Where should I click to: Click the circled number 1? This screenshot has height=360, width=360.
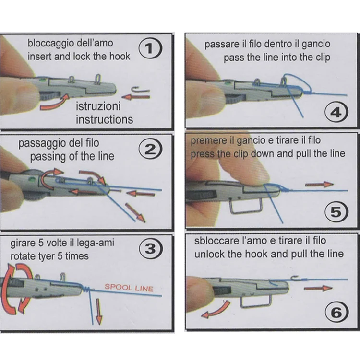(x=150, y=48)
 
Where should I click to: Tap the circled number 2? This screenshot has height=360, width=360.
(x=151, y=150)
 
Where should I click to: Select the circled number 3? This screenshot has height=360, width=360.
(x=151, y=249)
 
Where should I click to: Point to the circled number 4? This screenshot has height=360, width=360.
(x=336, y=113)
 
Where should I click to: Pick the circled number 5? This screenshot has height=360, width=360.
(x=336, y=212)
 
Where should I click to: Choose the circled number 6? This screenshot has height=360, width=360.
(x=337, y=312)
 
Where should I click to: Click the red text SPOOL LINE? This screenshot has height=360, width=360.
(x=129, y=288)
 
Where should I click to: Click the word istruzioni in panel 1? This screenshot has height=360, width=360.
(x=98, y=106)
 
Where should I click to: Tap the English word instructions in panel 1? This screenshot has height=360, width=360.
(x=104, y=119)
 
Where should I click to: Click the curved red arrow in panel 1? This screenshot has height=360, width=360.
(x=55, y=102)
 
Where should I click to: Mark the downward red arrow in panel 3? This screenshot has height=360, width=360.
(x=99, y=311)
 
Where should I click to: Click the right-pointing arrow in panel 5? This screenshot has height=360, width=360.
(x=319, y=184)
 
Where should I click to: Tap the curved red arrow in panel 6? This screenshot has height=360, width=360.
(x=216, y=309)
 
